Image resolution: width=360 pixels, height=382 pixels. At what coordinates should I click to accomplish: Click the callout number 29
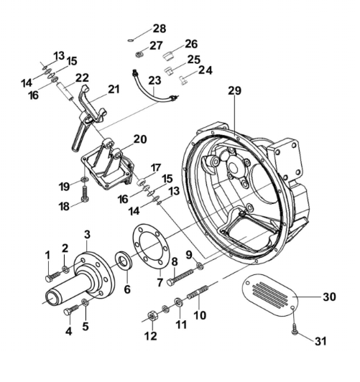tap(235, 90)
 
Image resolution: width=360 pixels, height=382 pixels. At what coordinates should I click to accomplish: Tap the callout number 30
tap(329, 297)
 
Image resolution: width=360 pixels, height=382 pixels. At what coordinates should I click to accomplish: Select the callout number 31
tap(320, 341)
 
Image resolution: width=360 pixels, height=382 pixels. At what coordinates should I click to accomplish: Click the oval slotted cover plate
tap(271, 295)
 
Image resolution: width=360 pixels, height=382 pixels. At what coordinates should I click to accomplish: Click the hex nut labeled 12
tap(152, 316)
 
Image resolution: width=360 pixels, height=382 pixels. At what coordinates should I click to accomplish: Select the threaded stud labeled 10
tap(198, 292)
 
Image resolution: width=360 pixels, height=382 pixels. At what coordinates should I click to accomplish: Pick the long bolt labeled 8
tap(181, 277)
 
